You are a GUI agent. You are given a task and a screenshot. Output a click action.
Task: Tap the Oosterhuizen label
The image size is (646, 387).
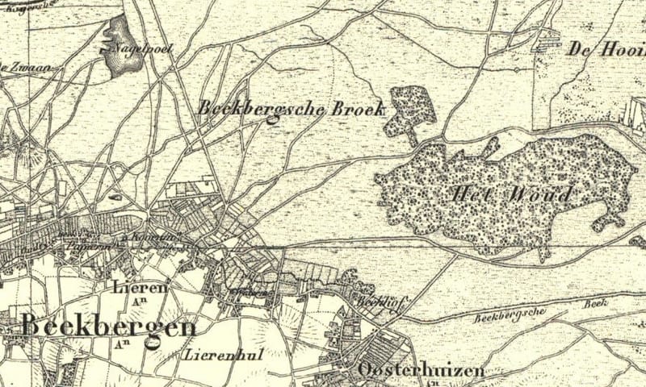pos(420,371)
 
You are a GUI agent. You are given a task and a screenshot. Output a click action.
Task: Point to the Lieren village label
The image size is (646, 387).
pos(141,287)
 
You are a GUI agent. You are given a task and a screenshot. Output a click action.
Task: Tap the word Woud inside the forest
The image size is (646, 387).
pos(545,194)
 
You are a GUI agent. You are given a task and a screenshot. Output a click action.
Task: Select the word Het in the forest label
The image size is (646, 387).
pos(472,194)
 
